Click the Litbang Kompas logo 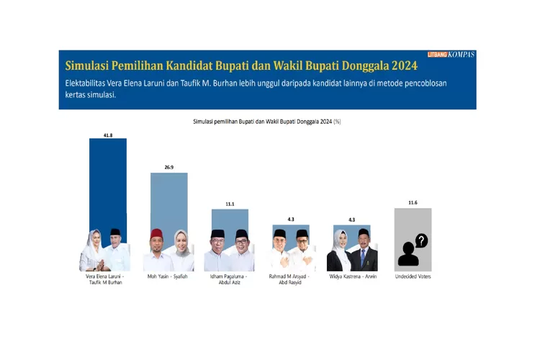(x=451, y=54)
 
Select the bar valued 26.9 (x=168, y=202)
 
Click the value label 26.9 (x=168, y=167)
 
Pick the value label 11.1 (x=230, y=204)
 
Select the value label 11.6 (x=413, y=203)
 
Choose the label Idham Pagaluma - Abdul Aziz (x=229, y=279)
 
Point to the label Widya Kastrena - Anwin (x=351, y=276)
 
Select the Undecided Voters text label (x=413, y=276)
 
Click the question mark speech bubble (x=421, y=240)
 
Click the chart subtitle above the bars (x=266, y=122)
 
